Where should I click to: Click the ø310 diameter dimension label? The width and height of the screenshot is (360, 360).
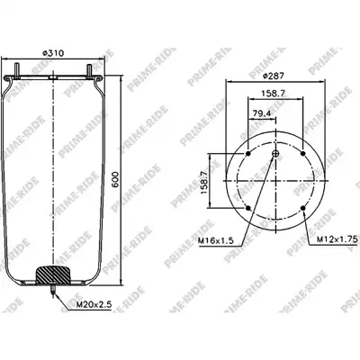[x=61, y=53]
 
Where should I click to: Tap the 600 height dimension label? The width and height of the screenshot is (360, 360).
[x=115, y=180]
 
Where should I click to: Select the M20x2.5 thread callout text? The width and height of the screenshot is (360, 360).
[x=94, y=305]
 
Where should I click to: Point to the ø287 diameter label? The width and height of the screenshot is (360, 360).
[x=273, y=76]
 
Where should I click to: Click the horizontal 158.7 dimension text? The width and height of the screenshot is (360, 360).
[x=273, y=94]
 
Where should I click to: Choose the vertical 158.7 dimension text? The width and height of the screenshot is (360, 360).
[x=204, y=183]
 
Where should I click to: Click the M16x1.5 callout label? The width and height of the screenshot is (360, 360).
[x=216, y=240]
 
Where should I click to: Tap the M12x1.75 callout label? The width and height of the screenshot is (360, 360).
[x=337, y=239]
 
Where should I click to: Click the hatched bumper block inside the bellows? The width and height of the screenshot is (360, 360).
[x=53, y=274]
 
